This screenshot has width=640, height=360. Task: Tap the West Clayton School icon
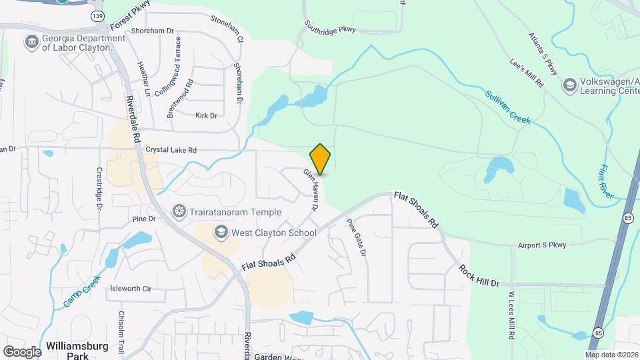(220, 232)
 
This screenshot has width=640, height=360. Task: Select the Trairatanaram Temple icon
(179, 212)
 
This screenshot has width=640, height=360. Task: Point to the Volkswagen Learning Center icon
(569, 85)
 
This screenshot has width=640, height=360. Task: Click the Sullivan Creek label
(507, 107)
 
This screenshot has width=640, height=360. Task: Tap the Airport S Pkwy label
(541, 245)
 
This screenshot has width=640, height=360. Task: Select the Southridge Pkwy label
(331, 26)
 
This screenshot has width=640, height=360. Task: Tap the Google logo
(22, 351)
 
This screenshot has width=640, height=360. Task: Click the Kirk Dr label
(206, 115)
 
